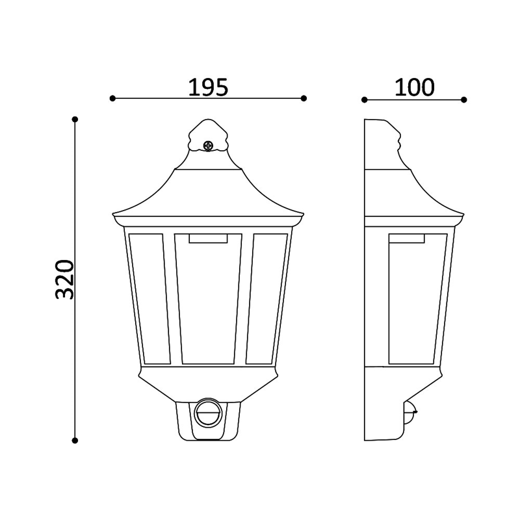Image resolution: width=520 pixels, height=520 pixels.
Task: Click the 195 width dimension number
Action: click(x=208, y=87)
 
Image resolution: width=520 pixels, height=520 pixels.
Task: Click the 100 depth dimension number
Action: click(x=415, y=87)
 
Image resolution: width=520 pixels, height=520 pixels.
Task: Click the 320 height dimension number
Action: click(x=64, y=279)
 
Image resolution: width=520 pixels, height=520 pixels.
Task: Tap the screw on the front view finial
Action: click(x=208, y=145)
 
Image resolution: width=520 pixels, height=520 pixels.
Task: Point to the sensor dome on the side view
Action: click(x=410, y=412)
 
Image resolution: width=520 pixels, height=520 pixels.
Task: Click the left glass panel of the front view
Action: click(x=149, y=298)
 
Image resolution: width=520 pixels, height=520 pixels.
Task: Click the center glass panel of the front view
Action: click(x=208, y=298)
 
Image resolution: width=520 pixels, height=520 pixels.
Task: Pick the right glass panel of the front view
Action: click(x=266, y=298)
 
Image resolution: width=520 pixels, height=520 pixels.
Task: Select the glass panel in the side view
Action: click(x=417, y=298)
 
